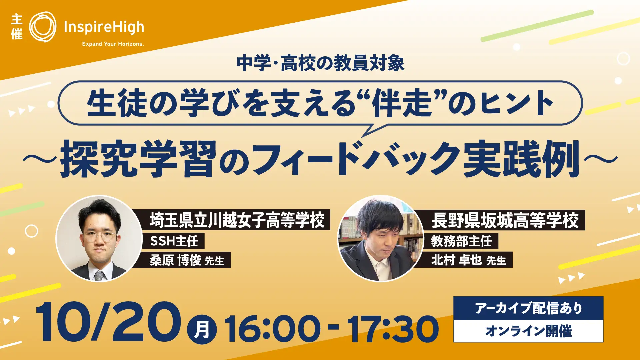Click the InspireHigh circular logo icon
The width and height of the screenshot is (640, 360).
tap(43, 27)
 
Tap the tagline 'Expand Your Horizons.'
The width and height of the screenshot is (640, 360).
tap(113, 44)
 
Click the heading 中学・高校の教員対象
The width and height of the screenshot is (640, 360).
tap(320, 63)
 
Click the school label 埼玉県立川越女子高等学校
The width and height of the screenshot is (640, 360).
tap(237, 220)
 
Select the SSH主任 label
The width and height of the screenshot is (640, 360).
tap(174, 241)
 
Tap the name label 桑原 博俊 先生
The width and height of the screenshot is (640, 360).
tap(187, 260)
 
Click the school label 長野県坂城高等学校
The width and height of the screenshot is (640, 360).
tap(505, 220)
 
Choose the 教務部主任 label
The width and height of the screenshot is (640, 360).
tap(461, 241)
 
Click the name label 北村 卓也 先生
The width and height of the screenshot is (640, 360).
tap(468, 260)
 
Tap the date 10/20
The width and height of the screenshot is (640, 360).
tap(108, 322)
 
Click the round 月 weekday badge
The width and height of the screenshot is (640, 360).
tap(202, 329)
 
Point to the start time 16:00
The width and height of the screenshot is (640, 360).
tap(272, 329)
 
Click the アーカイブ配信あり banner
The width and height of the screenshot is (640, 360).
tap(529, 308)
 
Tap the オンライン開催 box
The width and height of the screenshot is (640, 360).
tap(529, 331)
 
